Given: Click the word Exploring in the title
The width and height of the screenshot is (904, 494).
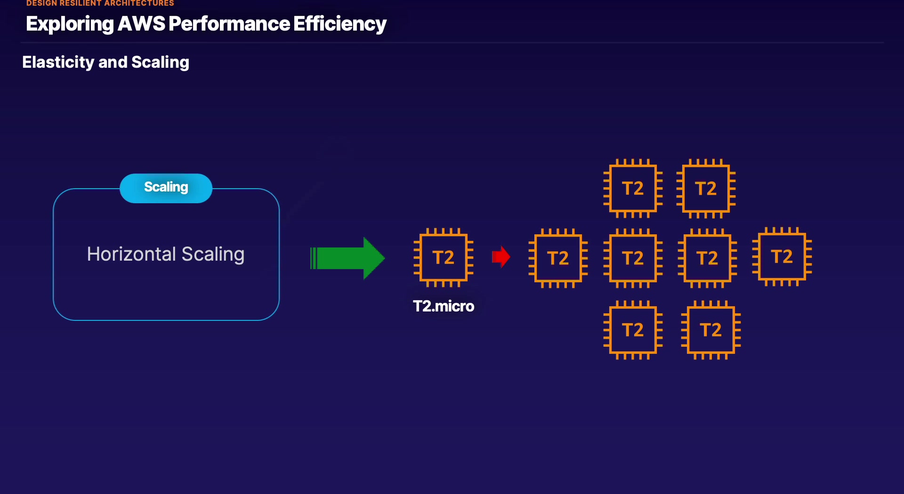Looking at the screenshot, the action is point(70,24).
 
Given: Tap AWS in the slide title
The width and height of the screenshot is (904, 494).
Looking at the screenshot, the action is point(141,24).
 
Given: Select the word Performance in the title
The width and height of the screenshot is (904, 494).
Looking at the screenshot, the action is point(229,24).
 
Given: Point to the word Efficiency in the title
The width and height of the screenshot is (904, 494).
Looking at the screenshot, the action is point(339,24).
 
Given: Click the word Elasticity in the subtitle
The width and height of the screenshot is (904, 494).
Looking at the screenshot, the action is point(58,62).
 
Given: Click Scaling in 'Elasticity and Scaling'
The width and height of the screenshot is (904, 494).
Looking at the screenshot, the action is point(160,62).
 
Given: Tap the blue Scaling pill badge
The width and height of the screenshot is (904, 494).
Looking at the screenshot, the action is point(166,188).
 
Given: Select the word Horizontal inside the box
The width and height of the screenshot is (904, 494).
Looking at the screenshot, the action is point(131,254).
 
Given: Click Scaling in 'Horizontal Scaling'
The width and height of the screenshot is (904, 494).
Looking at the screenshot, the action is point(213,255).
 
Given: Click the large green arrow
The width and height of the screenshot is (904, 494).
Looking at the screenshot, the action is point(347,258).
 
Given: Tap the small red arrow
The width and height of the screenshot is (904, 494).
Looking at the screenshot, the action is point(501,257).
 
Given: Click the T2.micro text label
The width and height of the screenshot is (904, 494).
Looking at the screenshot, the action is point(444,306).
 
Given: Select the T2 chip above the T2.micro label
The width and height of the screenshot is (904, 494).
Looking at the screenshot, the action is point(444,257).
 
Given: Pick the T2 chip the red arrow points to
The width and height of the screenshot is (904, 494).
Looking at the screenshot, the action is point(558,258).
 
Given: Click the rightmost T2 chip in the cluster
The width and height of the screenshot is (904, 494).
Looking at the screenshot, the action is point(782,256).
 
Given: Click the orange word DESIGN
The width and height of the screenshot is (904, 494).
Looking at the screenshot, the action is point(41,3).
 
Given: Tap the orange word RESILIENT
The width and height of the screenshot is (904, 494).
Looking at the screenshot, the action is point(81,3).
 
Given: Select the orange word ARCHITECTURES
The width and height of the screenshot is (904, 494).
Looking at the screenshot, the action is point(139,3).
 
